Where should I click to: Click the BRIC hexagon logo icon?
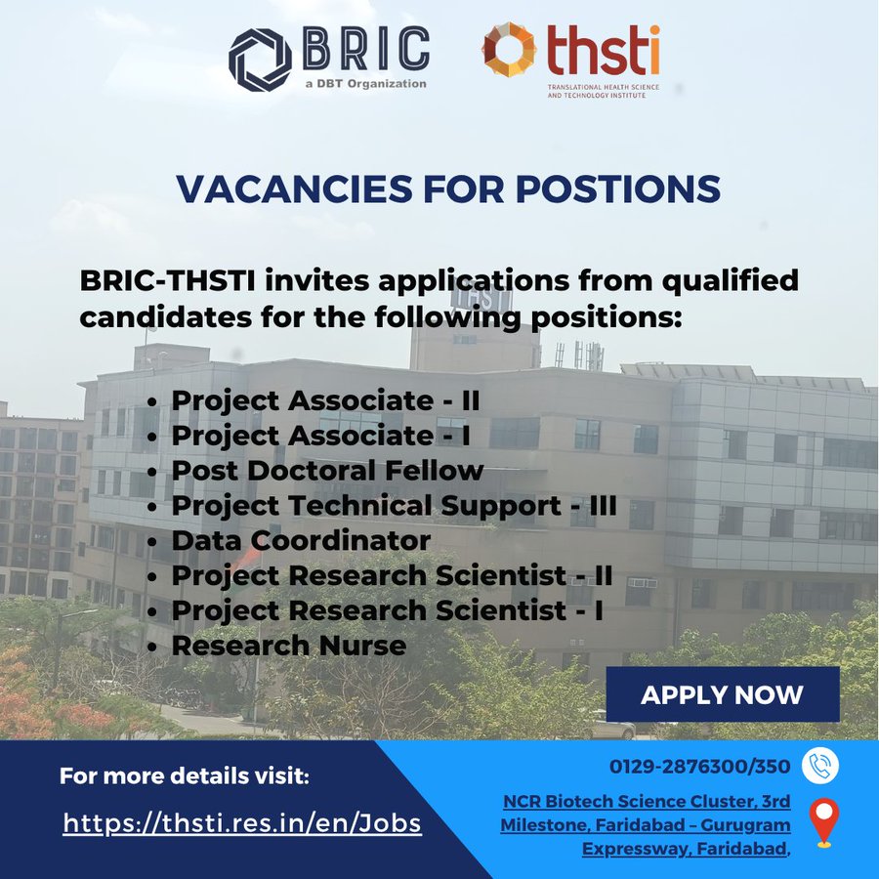click(x=260, y=59)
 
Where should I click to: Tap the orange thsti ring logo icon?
click(x=509, y=49)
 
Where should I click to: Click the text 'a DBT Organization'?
click(x=364, y=84)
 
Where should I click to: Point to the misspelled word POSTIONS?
click(x=601, y=189)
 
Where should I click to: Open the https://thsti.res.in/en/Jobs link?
click(x=242, y=823)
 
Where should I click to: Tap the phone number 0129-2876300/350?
click(x=700, y=767)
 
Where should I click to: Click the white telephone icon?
click(x=820, y=766)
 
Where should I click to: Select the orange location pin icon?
click(x=823, y=822)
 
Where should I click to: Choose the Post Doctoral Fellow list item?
click(x=327, y=470)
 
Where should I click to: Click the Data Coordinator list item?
click(x=301, y=540)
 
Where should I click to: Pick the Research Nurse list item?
click(x=288, y=646)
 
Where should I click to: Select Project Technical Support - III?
click(x=399, y=505)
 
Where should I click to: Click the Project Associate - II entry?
click(x=325, y=400)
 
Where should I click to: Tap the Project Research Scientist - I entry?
click(x=387, y=610)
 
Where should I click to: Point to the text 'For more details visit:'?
click(x=184, y=777)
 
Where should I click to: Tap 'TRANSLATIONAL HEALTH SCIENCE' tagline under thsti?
click(x=603, y=88)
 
